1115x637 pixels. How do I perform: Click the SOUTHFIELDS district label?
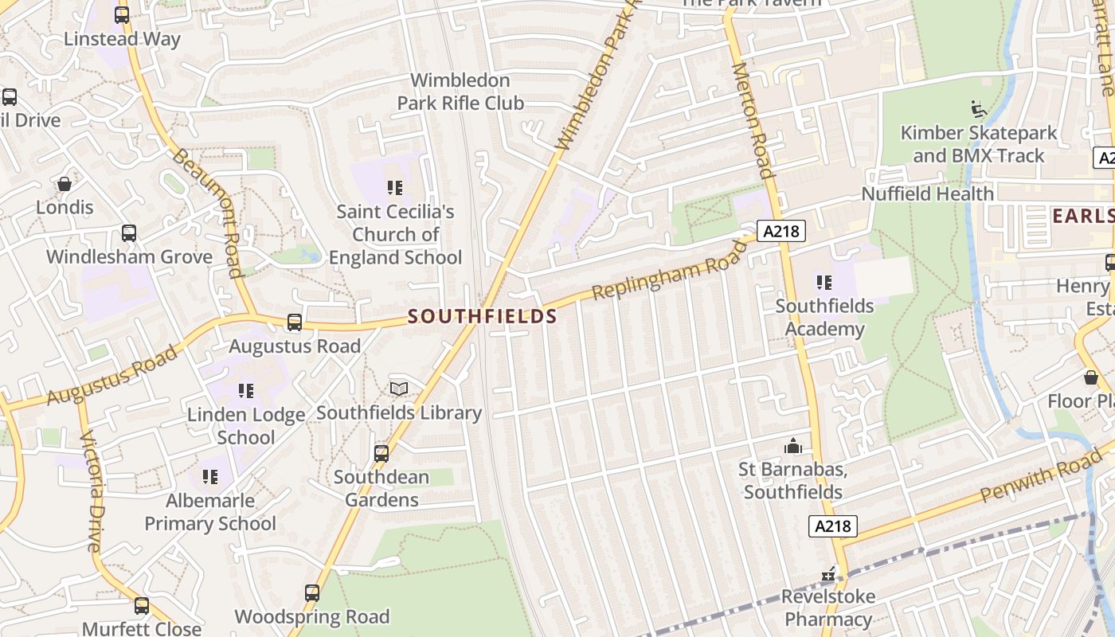[482, 316]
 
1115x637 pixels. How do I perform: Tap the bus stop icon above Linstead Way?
[122, 15]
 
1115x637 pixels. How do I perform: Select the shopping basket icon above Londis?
[65, 184]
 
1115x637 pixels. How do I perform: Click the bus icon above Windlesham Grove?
[128, 233]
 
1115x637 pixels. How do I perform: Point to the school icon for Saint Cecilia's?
[395, 188]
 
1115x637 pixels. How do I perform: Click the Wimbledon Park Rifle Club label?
[460, 92]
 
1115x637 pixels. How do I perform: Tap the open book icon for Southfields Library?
[399, 389]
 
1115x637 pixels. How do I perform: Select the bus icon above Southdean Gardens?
[381, 454]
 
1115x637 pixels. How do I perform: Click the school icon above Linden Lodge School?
[246, 391]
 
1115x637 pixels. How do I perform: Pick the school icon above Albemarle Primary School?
[210, 477]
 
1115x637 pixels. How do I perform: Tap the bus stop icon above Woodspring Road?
[312, 593]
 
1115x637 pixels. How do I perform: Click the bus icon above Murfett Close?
[142, 606]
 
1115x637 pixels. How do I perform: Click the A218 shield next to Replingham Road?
[781, 231]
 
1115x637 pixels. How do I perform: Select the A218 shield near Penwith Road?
[833, 526]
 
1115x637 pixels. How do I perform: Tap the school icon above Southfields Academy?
[824, 282]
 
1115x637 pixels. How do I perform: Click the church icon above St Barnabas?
[793, 446]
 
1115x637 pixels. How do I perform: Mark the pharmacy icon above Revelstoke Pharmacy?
[828, 573]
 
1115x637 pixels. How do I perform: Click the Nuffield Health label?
[927, 193]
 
